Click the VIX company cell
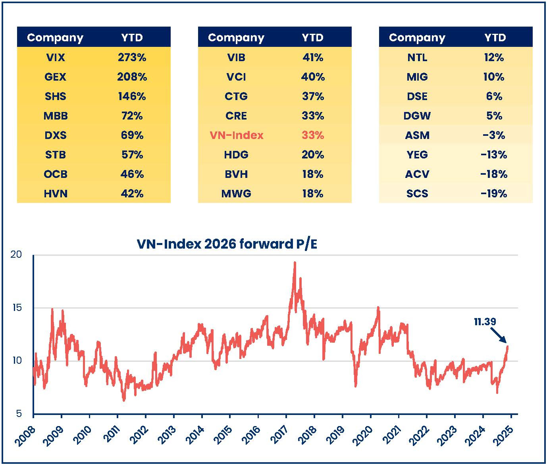[55, 58]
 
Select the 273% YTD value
[132, 58]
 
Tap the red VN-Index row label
[236, 135]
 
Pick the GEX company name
[55, 77]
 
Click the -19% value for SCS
[493, 194]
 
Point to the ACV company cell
[417, 174]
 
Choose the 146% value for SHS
[132, 96]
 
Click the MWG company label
[236, 194]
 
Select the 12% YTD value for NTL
[493, 58]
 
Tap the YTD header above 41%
[312, 38]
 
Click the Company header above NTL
[417, 38]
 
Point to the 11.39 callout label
[485, 322]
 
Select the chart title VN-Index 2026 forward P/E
[227, 244]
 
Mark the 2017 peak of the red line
[295, 262]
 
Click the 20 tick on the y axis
[17, 255]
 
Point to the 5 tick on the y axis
[19, 414]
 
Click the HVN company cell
[55, 194]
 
